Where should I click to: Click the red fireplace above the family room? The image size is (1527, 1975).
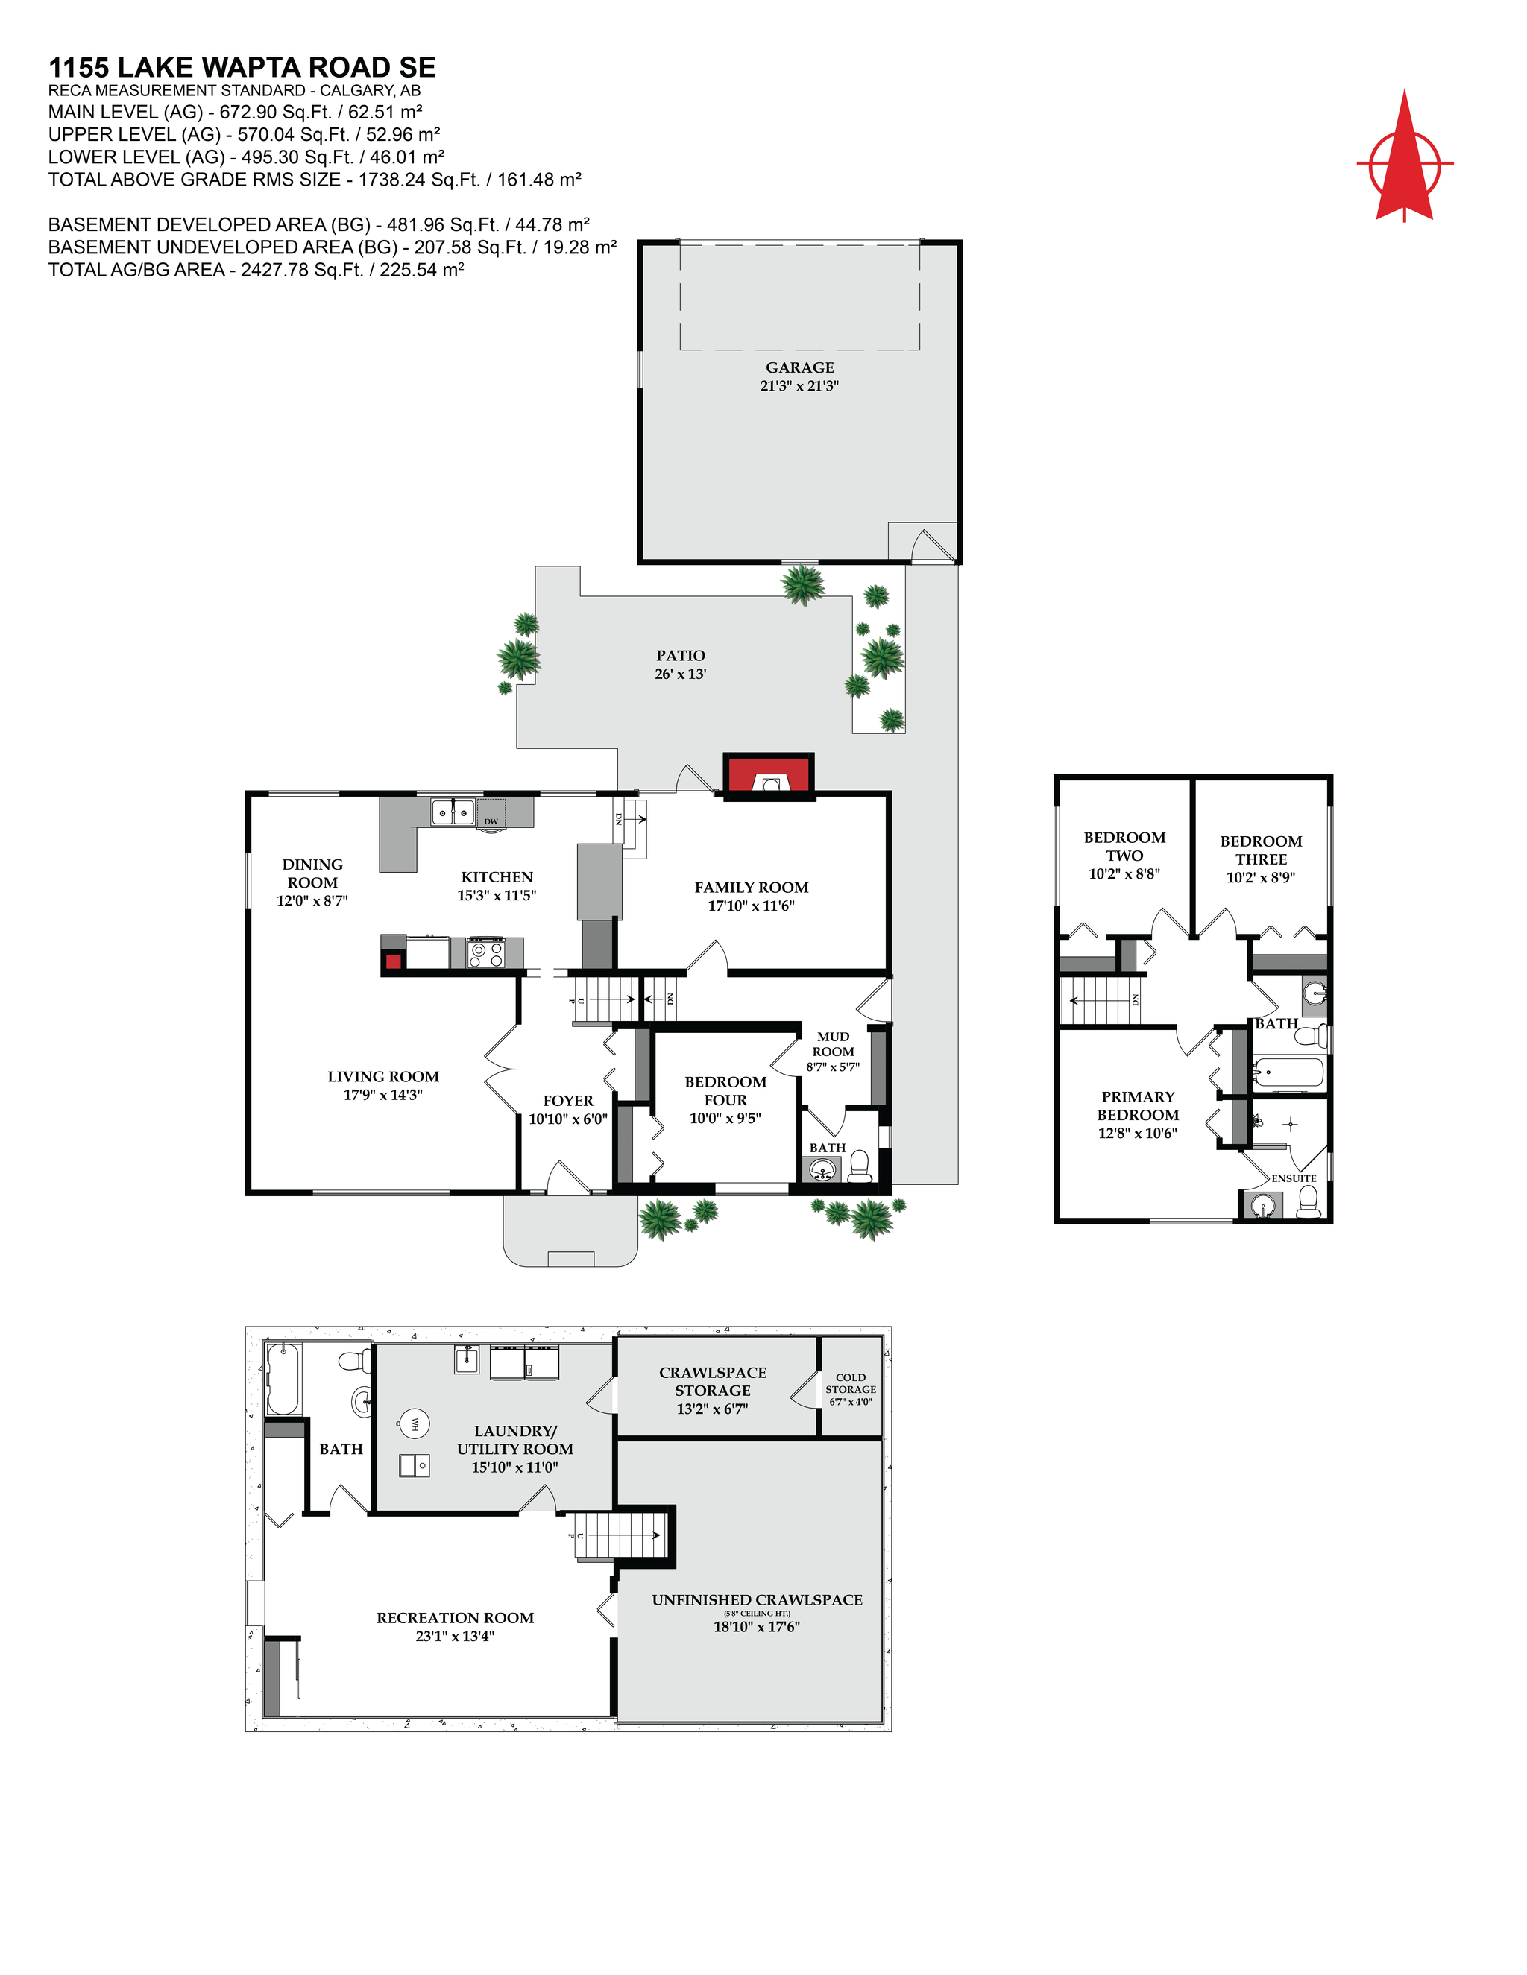coord(768,776)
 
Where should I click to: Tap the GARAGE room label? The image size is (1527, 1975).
coord(800,367)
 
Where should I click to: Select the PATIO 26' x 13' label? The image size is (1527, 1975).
coord(680,664)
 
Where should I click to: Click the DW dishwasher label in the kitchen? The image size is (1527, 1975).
coord(491,821)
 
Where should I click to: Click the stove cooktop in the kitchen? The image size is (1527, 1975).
coord(486,953)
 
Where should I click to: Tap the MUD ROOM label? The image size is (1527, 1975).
coord(833,1043)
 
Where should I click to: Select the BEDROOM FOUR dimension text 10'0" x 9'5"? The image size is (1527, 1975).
coord(725,1119)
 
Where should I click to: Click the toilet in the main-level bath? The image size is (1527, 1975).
coord(860,1166)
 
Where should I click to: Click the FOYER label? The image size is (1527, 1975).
coord(568,1101)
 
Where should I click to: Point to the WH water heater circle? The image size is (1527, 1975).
coord(415,1423)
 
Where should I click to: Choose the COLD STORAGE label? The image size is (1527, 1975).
coord(850,1383)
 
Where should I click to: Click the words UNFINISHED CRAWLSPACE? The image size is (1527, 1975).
coord(758,1599)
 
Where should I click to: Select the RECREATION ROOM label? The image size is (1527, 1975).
coord(455,1618)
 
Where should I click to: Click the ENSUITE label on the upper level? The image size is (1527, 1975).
coord(1294,1178)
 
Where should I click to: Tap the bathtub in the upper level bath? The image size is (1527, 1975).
coord(1287,1074)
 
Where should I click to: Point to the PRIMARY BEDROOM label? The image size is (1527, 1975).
coord(1138,1105)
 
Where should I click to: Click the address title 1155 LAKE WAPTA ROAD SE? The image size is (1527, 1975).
coord(242,68)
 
